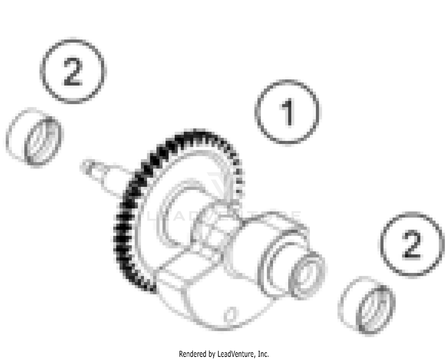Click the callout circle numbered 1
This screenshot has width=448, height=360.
[287, 112]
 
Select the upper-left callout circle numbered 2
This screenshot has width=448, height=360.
[73, 72]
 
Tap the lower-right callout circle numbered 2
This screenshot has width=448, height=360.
[412, 244]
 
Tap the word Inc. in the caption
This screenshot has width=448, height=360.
[263, 354]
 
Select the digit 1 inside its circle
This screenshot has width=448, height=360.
[287, 113]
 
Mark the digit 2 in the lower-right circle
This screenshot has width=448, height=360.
[412, 245]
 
